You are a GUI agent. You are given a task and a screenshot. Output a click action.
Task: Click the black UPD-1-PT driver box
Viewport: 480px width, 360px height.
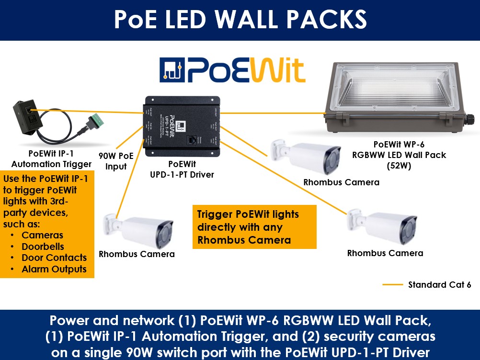coord(182,127)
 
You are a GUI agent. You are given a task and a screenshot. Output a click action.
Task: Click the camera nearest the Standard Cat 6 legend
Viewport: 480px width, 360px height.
coord(381,226)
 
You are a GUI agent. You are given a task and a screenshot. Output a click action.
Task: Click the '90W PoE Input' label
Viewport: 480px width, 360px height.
coord(116,161)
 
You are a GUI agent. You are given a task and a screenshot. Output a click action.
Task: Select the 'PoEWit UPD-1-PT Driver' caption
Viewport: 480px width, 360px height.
coord(182,169)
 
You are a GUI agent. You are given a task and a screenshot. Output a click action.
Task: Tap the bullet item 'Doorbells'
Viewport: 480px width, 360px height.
coord(43,247)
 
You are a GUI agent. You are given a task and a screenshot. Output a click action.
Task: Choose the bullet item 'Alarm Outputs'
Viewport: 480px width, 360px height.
coord(54,269)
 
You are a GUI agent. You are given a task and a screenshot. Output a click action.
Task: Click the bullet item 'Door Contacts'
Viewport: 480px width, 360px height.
coord(54,258)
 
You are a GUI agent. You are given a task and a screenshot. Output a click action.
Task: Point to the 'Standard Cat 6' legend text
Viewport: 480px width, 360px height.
coord(439,285)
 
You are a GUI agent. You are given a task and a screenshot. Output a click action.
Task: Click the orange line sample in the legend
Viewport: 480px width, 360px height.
coord(393,285)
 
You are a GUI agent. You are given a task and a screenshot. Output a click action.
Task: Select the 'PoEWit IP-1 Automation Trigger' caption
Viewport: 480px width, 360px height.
coord(51,159)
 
